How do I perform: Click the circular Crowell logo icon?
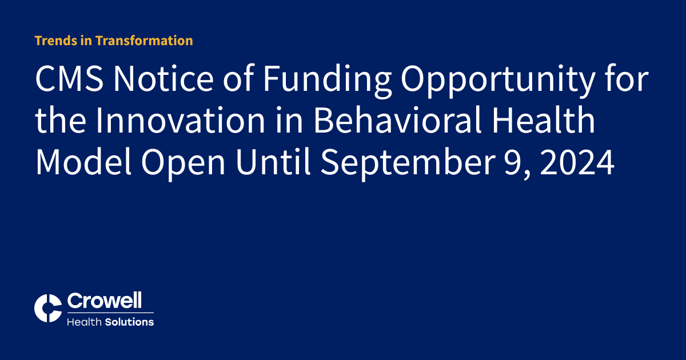click(48, 309)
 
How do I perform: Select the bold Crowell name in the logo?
click(105, 301)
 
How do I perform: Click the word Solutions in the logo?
click(129, 322)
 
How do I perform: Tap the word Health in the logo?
click(84, 322)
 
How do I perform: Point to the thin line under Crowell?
click(110, 313)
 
